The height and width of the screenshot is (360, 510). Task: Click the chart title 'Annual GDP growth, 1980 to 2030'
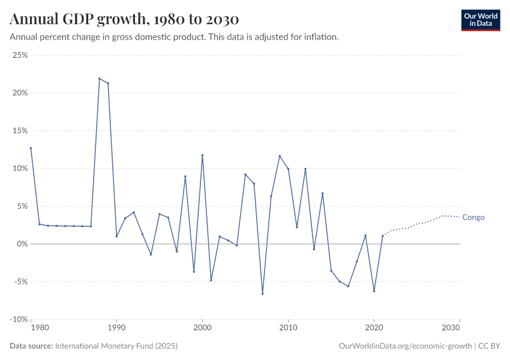tap(124, 19)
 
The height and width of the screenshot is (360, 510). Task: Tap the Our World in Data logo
tap(480, 20)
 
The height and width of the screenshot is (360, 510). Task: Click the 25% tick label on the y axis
tap(20, 55)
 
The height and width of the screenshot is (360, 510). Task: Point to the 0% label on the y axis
tap(22, 244)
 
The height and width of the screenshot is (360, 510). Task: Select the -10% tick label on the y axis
tap(19, 319)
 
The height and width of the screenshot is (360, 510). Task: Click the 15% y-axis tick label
tap(20, 131)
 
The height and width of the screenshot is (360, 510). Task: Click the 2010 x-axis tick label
tap(288, 329)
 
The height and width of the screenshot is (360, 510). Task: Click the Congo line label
tap(473, 217)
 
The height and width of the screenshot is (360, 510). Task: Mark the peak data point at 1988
tap(100, 79)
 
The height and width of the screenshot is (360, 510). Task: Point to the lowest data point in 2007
tap(262, 293)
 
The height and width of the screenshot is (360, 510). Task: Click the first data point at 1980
tap(31, 148)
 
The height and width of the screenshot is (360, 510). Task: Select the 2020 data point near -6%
tap(374, 291)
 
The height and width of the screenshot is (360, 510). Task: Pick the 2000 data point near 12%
tap(202, 155)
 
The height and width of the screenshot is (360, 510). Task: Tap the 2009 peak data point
tap(280, 156)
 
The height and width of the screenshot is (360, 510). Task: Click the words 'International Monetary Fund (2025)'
tap(116, 346)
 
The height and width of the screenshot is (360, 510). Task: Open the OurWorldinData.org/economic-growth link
tap(405, 346)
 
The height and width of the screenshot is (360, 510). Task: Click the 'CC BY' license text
tap(489, 346)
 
